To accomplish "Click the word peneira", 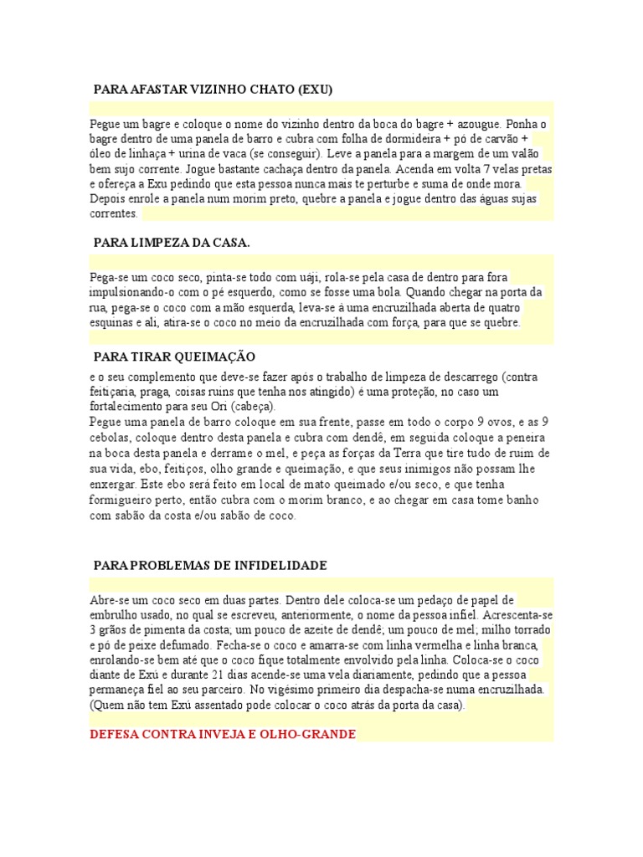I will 524,437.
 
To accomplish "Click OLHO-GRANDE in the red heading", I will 308,734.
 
